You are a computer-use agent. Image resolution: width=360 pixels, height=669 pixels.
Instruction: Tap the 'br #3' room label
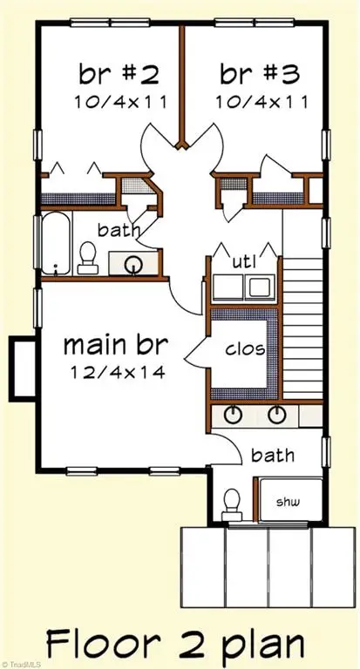(x=254, y=72)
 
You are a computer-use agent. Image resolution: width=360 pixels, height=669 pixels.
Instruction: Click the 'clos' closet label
(x=246, y=351)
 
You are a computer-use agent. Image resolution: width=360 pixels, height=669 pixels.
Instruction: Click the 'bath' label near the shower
(x=273, y=455)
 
